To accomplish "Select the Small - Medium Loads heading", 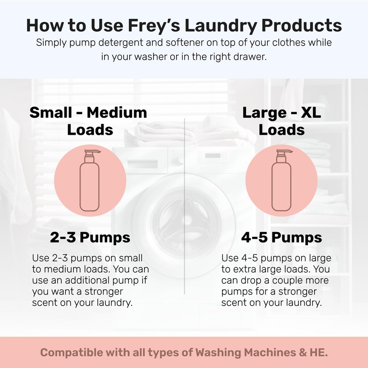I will pos(88,121).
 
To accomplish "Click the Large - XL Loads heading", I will pos(282,121).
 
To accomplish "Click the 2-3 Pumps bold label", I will pos(90,238).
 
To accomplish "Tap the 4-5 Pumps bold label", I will pos(281,238).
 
